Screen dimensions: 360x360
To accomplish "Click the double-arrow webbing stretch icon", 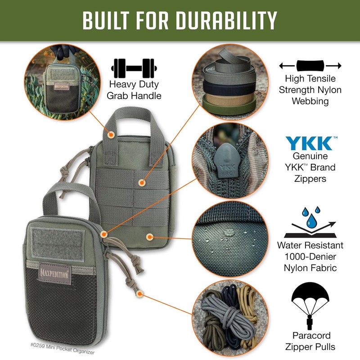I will (x=310, y=66).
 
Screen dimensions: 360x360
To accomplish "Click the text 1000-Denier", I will (x=310, y=257).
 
